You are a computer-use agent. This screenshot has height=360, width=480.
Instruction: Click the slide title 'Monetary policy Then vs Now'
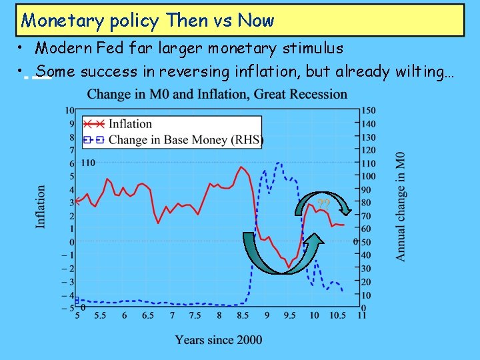[x=148, y=21]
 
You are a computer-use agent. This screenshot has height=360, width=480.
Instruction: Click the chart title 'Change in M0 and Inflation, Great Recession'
[x=217, y=94]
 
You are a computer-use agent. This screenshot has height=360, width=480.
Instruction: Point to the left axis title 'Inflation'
[x=41, y=207]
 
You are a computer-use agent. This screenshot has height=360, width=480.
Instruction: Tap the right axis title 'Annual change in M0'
[x=400, y=207]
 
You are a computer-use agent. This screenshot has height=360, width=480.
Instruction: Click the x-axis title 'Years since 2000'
[x=219, y=340]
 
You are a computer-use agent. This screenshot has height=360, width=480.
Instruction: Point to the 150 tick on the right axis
[x=368, y=111]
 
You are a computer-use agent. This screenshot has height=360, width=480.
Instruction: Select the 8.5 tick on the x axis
[x=243, y=315]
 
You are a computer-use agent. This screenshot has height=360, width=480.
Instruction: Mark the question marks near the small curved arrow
[x=324, y=203]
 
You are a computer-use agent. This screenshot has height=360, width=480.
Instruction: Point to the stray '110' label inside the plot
[x=88, y=163]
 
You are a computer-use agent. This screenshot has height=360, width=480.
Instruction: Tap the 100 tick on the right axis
[x=368, y=177]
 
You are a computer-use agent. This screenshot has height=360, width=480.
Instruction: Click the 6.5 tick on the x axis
[x=148, y=315]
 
